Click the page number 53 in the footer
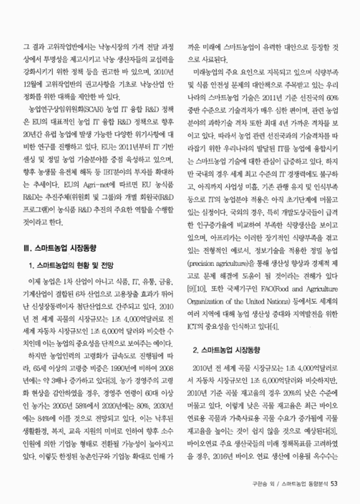(334, 484)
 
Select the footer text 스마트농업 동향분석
(299, 484)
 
